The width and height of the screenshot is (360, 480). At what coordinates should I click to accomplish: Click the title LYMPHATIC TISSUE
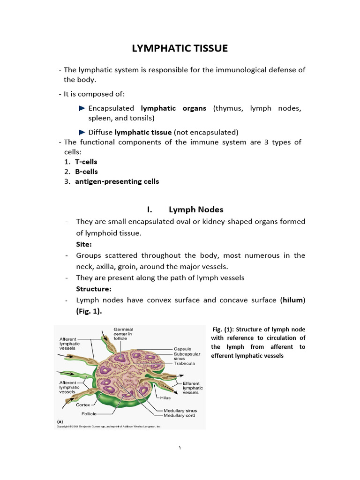pos(180,48)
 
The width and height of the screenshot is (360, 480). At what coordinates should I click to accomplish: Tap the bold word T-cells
pos(86,162)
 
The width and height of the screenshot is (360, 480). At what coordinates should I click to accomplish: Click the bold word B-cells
pos(86,172)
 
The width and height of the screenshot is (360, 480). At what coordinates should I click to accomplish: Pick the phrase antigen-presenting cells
pos(117,181)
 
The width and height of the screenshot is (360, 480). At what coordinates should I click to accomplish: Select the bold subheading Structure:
pos(94,289)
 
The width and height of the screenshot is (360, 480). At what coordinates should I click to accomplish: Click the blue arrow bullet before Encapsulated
pos(82,108)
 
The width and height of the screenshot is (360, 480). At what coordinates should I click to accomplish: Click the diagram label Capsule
pos(182,349)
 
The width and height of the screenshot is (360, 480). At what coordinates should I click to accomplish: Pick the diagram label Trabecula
pos(184,363)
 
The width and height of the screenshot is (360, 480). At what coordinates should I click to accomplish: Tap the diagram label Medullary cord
pos(180,415)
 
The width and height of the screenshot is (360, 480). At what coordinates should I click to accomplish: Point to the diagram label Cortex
pos(83,405)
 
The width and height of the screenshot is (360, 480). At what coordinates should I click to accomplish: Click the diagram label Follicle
pos(89,414)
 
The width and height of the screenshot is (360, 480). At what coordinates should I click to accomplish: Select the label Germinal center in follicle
pos(123,334)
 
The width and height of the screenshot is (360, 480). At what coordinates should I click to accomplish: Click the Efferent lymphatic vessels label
pos(193,388)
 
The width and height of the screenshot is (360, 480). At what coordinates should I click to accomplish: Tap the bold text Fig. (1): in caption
pos(227,329)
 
